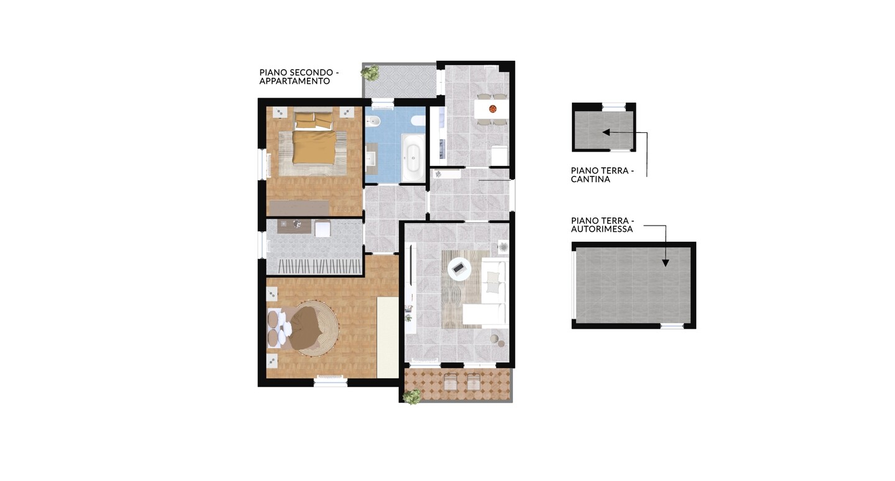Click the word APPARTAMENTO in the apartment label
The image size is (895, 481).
pyautogui.click(x=295, y=81)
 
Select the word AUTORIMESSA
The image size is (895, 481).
pyautogui.click(x=602, y=229)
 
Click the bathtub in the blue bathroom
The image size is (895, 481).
pyautogui.click(x=413, y=158)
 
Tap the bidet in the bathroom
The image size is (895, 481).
pyautogui.click(x=372, y=121)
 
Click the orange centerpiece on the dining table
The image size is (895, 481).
pyautogui.click(x=493, y=108)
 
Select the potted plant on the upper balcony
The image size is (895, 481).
pyautogui.click(x=370, y=73)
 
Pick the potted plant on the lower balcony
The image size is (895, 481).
pyautogui.click(x=411, y=396)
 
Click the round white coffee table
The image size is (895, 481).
pyautogui.click(x=459, y=268)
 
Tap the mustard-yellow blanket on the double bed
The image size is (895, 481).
pyautogui.click(x=314, y=147)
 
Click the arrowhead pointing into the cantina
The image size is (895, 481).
pyautogui.click(x=606, y=132)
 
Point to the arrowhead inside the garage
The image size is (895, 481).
pyautogui.click(x=665, y=263)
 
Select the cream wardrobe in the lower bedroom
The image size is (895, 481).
pyautogui.click(x=388, y=337)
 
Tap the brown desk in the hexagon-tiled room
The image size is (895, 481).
pyautogui.click(x=294, y=226)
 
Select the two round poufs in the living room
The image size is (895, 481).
pyautogui.click(x=497, y=341)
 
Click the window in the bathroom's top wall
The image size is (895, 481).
pyautogui.click(x=383, y=104)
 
